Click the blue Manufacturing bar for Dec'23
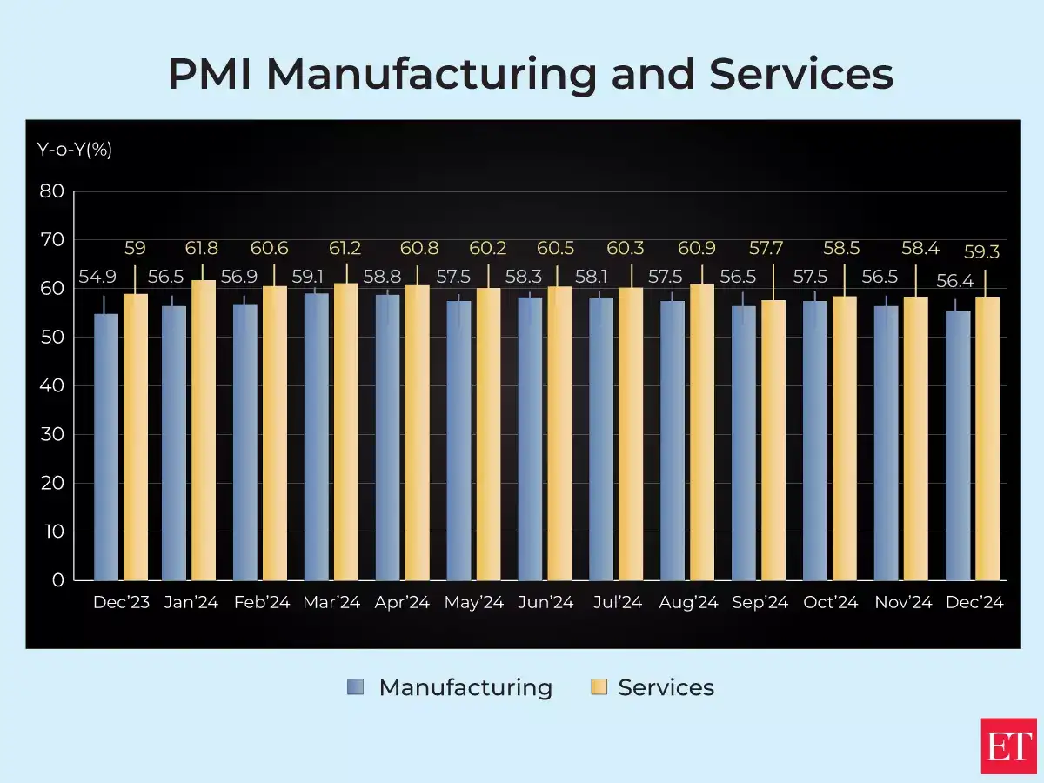pos(106,448)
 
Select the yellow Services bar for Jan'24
pos(204,431)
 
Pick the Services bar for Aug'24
pos(702,432)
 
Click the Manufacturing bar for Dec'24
pos(958,445)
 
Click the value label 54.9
pos(97,278)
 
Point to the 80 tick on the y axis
pos(52,191)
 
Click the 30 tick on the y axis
pos(52,434)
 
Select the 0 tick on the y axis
pos(57,580)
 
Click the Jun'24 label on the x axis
pos(545,603)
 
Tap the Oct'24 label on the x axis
pos(831,603)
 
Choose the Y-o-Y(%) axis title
pos(75,149)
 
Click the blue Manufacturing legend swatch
pos(355,687)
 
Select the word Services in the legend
pos(666,687)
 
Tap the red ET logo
pos(1008,746)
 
